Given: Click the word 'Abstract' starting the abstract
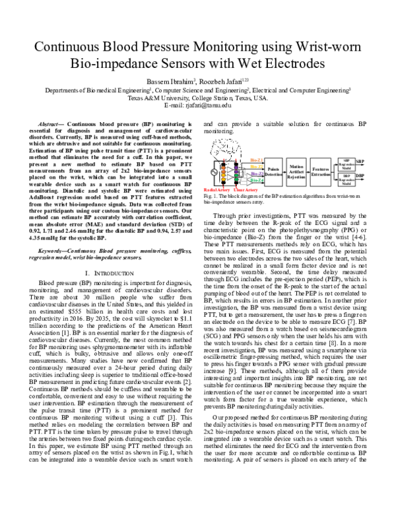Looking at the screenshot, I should [x=52, y=123].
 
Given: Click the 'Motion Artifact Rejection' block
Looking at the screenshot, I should [x=296, y=171].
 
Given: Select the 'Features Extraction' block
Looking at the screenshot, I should [x=319, y=171].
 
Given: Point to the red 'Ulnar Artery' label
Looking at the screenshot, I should [x=246, y=189].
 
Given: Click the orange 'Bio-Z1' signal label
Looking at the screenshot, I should [x=257, y=160].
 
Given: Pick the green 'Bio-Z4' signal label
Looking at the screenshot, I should [x=257, y=180].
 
